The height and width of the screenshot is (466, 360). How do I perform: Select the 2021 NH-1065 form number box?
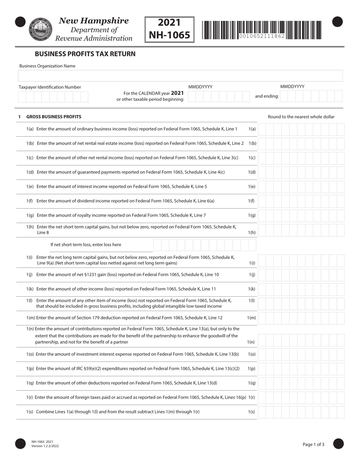tap(169, 29)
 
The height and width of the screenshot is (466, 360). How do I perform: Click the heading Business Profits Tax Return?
tap(85, 54)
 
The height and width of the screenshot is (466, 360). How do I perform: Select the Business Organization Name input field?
tap(180, 76)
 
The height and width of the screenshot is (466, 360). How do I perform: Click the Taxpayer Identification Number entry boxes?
tap(53, 97)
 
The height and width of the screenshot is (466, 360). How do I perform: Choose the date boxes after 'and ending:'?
tap(311, 97)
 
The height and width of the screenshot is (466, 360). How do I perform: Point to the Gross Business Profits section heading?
tap(53, 117)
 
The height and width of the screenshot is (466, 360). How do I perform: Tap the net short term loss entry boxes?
tap(205, 245)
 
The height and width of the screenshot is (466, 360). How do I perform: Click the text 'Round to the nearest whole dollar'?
tap(301, 117)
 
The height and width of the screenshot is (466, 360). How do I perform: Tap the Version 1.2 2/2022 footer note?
tap(45, 446)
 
